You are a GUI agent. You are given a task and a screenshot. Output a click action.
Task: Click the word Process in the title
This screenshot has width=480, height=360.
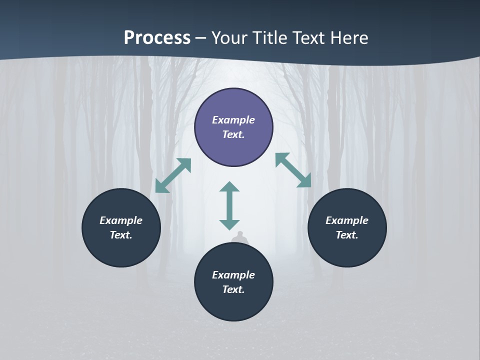pyautogui.click(x=157, y=38)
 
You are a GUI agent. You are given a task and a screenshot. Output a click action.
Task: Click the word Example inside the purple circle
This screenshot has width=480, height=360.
pyautogui.click(x=233, y=120)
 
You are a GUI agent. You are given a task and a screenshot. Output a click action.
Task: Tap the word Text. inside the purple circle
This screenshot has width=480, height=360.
pyautogui.click(x=233, y=134)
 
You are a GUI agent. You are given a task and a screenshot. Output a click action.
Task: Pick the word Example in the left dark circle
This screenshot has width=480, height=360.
pyautogui.click(x=121, y=220)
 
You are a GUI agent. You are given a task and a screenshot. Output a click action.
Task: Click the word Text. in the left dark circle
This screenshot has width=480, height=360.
pyautogui.click(x=121, y=235)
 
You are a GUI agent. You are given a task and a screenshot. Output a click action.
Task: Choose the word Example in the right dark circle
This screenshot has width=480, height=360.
pyautogui.click(x=347, y=220)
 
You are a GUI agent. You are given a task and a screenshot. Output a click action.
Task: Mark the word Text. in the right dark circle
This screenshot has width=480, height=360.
pyautogui.click(x=347, y=235)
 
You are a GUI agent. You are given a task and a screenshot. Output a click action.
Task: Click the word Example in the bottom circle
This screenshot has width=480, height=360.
pyautogui.click(x=233, y=275)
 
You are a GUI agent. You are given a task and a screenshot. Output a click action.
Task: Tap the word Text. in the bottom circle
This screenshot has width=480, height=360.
pyautogui.click(x=233, y=289)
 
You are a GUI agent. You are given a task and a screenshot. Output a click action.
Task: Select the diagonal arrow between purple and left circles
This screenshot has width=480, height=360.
pyautogui.click(x=173, y=175)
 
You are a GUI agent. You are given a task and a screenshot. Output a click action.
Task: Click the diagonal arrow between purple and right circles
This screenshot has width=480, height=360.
pyautogui.click(x=293, y=170)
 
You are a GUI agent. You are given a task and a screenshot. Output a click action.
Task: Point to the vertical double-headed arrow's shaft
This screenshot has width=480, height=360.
pyautogui.click(x=229, y=205)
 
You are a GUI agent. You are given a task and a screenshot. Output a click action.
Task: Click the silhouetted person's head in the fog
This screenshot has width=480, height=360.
pyautogui.click(x=240, y=234)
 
